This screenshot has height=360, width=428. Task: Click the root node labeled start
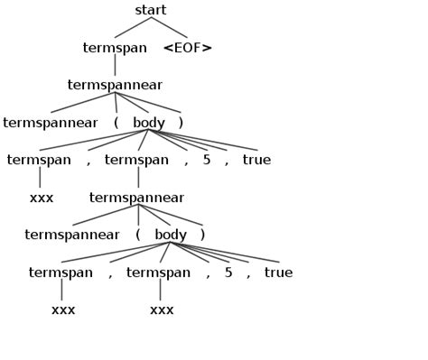[151, 10]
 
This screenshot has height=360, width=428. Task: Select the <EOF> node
[188, 48]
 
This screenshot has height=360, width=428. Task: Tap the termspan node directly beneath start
[115, 48]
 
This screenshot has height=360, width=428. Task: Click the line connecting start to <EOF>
[170, 27]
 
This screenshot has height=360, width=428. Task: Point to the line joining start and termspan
[133, 27]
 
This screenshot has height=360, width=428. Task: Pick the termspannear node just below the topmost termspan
[115, 85]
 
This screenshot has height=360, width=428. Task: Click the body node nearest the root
[149, 123]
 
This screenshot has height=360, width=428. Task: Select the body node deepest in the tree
[171, 235]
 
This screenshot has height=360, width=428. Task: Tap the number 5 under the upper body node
[207, 160]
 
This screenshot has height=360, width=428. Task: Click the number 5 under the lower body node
[228, 272]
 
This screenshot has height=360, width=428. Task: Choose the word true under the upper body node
[256, 160]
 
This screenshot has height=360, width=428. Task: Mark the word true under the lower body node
[278, 272]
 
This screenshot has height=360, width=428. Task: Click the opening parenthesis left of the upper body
[116, 123]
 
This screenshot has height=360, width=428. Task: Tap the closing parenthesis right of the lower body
[203, 235]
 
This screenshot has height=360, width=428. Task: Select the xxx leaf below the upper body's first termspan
[42, 198]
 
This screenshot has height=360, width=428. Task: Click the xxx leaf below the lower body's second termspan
[162, 309]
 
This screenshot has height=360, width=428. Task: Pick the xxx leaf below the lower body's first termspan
[63, 309]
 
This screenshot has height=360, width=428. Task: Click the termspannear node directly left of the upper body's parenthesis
[51, 123]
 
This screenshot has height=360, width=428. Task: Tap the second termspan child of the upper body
[136, 160]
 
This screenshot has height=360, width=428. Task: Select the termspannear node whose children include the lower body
[136, 198]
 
